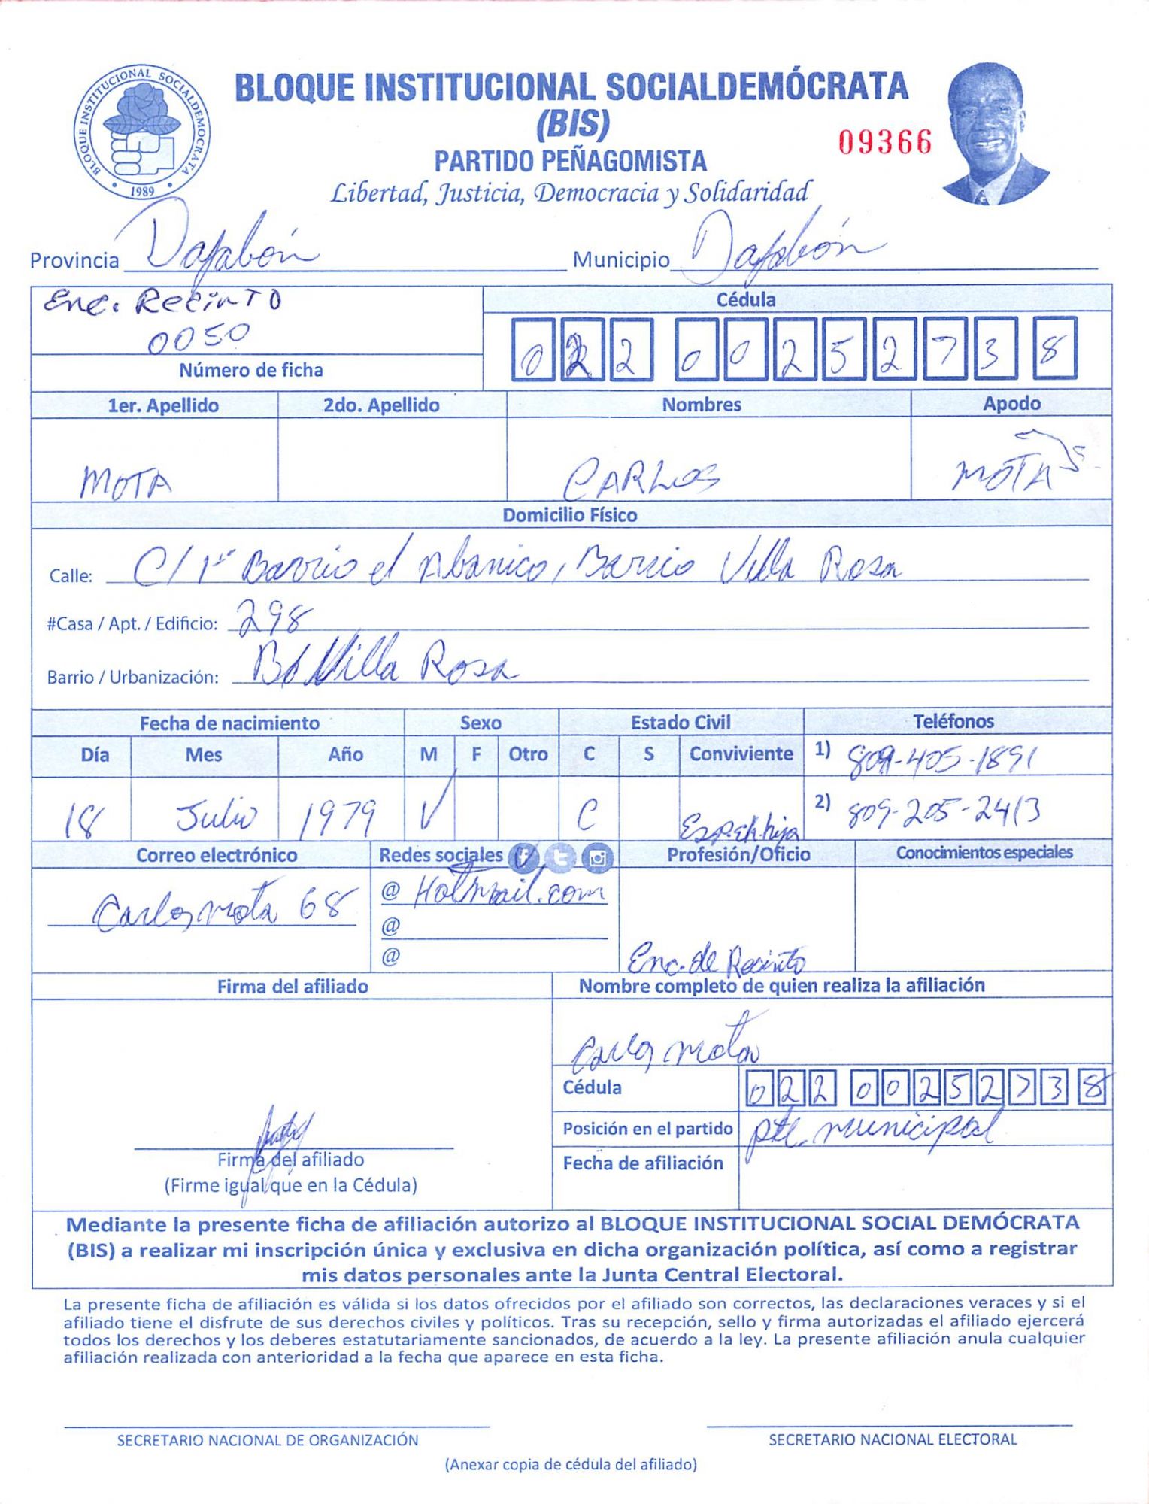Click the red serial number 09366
[885, 142]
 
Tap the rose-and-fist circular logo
[142, 132]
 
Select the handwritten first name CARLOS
[641, 478]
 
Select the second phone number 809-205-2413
[944, 811]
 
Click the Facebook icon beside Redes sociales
[523, 857]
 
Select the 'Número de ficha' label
[250, 370]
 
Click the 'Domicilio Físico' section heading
[569, 515]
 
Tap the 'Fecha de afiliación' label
[643, 1163]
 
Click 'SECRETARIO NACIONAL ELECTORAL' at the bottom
[892, 1439]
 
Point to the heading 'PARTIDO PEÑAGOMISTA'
[570, 161]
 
